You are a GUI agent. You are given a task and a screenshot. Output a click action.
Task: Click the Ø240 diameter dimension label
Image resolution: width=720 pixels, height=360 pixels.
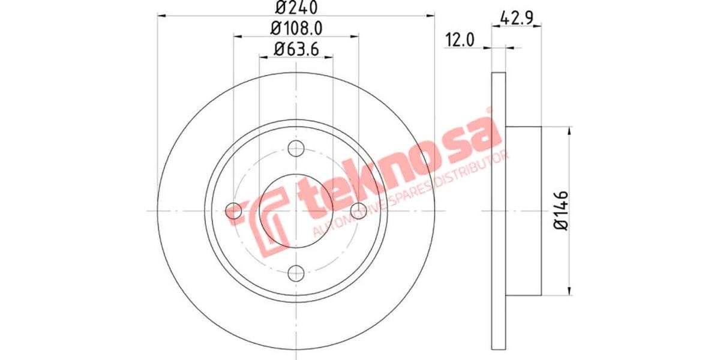click(x=296, y=8)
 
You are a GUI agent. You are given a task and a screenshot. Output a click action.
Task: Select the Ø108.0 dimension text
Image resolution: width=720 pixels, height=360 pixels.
click(x=296, y=28)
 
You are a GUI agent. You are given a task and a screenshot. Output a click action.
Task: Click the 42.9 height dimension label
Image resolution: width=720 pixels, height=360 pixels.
click(x=517, y=17)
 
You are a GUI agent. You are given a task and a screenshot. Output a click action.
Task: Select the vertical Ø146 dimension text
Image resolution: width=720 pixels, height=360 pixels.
click(x=561, y=210)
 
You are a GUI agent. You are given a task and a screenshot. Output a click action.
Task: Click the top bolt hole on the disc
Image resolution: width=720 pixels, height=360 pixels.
click(x=296, y=148)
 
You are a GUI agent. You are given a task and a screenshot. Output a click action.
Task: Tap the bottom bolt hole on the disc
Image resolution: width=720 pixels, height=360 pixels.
click(x=296, y=273)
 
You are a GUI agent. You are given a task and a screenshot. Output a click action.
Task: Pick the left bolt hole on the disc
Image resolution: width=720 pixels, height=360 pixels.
click(x=234, y=210)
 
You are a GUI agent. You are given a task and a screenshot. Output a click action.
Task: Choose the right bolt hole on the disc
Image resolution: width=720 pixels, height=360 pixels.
click(x=358, y=210)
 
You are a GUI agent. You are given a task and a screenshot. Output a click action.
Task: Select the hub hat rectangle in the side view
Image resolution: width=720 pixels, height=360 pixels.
click(x=524, y=210)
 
